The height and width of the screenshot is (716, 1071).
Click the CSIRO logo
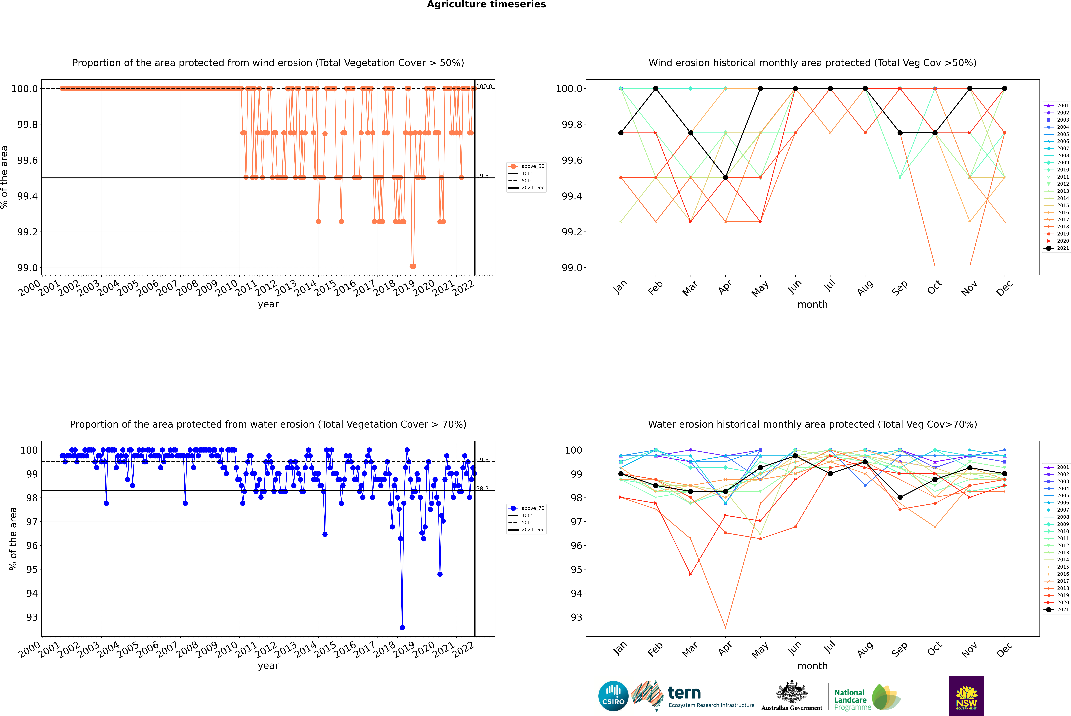613,696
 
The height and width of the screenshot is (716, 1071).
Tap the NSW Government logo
966,696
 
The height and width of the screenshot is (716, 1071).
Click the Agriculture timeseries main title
486,5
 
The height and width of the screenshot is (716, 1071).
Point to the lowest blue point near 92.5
402,627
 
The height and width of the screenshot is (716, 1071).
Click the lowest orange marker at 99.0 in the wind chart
413,266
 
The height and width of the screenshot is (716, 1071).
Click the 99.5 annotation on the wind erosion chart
482,176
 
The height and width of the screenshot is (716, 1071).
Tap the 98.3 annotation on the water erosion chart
482,489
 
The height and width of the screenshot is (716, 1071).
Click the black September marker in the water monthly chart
900,497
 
